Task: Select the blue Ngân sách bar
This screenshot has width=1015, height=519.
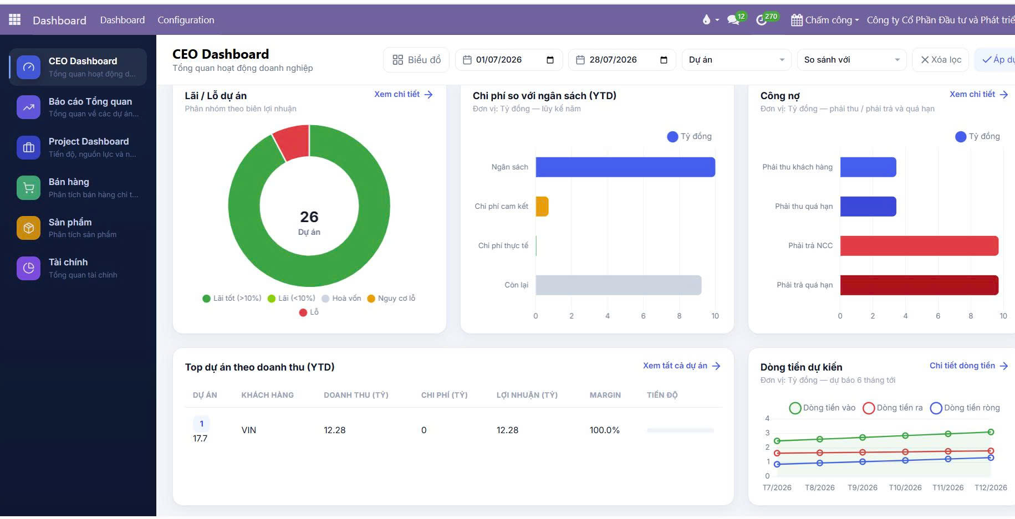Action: [625, 167]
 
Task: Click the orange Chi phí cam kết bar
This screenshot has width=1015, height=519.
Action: [542, 206]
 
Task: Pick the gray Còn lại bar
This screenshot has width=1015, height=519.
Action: [619, 285]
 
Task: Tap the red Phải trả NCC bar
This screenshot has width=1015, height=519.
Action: [919, 245]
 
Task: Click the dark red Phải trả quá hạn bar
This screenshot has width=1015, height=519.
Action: [919, 285]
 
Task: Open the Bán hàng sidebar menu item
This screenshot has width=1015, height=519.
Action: [78, 188]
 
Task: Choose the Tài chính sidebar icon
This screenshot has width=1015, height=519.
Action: [28, 268]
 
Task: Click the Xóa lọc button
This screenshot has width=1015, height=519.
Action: [941, 60]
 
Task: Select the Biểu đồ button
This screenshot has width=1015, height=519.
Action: [417, 60]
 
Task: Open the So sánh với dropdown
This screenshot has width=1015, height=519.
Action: [851, 60]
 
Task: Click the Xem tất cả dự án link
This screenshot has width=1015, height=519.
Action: [681, 366]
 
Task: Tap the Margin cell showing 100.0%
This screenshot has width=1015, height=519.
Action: [604, 430]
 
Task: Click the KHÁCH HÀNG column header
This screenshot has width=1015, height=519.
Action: [267, 395]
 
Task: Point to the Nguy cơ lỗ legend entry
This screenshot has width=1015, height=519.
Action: [391, 298]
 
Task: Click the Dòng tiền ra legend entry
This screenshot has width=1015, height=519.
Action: [893, 408]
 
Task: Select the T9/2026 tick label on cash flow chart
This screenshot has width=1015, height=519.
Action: [862, 487]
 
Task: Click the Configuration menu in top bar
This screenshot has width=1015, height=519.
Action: [186, 20]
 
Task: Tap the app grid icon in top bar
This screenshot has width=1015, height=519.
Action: [15, 19]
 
